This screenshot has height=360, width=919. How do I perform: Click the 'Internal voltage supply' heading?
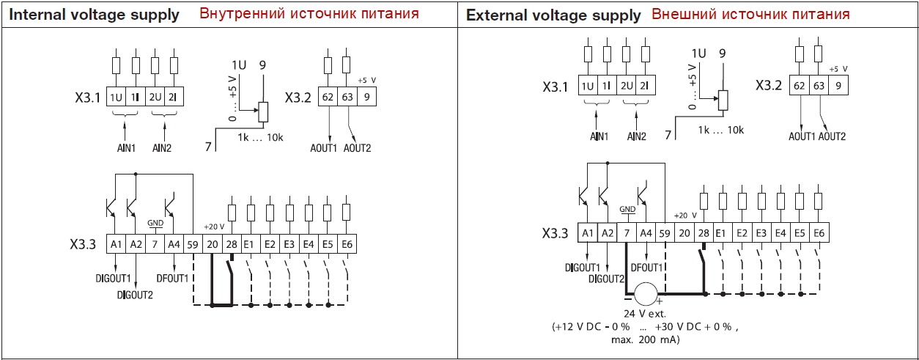94,15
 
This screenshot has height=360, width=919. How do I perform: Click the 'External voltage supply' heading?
553,15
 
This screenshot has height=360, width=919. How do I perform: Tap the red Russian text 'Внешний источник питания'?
750,15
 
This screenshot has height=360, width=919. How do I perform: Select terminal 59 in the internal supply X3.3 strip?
193,245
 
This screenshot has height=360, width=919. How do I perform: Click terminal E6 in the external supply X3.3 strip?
819,233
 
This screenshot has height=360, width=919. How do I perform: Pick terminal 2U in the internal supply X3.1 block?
155,97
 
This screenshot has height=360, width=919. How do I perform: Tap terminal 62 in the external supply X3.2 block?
800,85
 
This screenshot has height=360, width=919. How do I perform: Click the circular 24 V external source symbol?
646,294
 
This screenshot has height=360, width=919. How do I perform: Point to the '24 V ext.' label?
645,314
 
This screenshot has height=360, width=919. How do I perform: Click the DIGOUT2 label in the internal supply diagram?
135,295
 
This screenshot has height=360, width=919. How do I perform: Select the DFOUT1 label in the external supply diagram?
646,268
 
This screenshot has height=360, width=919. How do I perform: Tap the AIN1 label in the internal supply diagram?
126,148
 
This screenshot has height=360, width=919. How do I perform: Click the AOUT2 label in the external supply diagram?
832,136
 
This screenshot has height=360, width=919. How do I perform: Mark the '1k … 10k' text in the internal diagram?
260,138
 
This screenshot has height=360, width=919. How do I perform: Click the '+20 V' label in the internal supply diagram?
214,227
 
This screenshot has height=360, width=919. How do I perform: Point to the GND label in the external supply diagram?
627,209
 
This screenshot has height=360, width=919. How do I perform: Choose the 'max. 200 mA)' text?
646,340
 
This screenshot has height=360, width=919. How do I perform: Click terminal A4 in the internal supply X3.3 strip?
174,245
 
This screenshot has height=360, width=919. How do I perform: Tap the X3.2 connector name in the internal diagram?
298,98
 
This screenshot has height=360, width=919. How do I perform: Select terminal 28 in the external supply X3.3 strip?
704,233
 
